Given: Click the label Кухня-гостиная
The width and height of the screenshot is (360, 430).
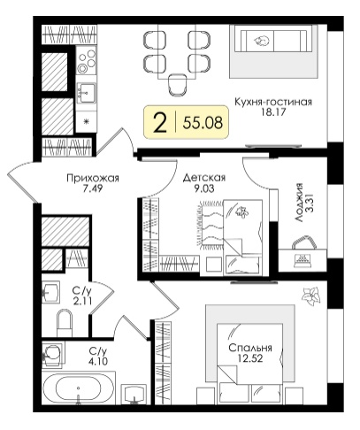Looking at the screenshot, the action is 273,102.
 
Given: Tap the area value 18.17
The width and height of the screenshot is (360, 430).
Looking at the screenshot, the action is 273,112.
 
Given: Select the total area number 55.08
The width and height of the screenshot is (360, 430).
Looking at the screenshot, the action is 203,122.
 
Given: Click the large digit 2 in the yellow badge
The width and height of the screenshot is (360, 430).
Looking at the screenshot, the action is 160,123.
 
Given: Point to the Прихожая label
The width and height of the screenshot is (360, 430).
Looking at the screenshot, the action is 93,179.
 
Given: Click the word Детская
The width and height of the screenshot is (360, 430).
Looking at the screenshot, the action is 204,178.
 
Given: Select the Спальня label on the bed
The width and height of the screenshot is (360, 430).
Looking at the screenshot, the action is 250,348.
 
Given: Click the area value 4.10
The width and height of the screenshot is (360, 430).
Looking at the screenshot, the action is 98,361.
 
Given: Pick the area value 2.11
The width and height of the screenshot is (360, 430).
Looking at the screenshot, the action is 83,301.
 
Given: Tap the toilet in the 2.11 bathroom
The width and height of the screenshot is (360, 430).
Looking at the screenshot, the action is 65,322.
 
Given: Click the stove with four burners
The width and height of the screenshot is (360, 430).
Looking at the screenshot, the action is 86,61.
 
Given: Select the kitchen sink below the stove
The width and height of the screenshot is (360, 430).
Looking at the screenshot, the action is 86,93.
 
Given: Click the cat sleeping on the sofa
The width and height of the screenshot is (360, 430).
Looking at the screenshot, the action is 262,41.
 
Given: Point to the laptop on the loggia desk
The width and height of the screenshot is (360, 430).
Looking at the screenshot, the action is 303,260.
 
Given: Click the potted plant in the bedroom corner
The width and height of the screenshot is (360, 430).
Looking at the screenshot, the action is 310,296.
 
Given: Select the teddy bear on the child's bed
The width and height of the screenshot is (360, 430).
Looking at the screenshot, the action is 241,211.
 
